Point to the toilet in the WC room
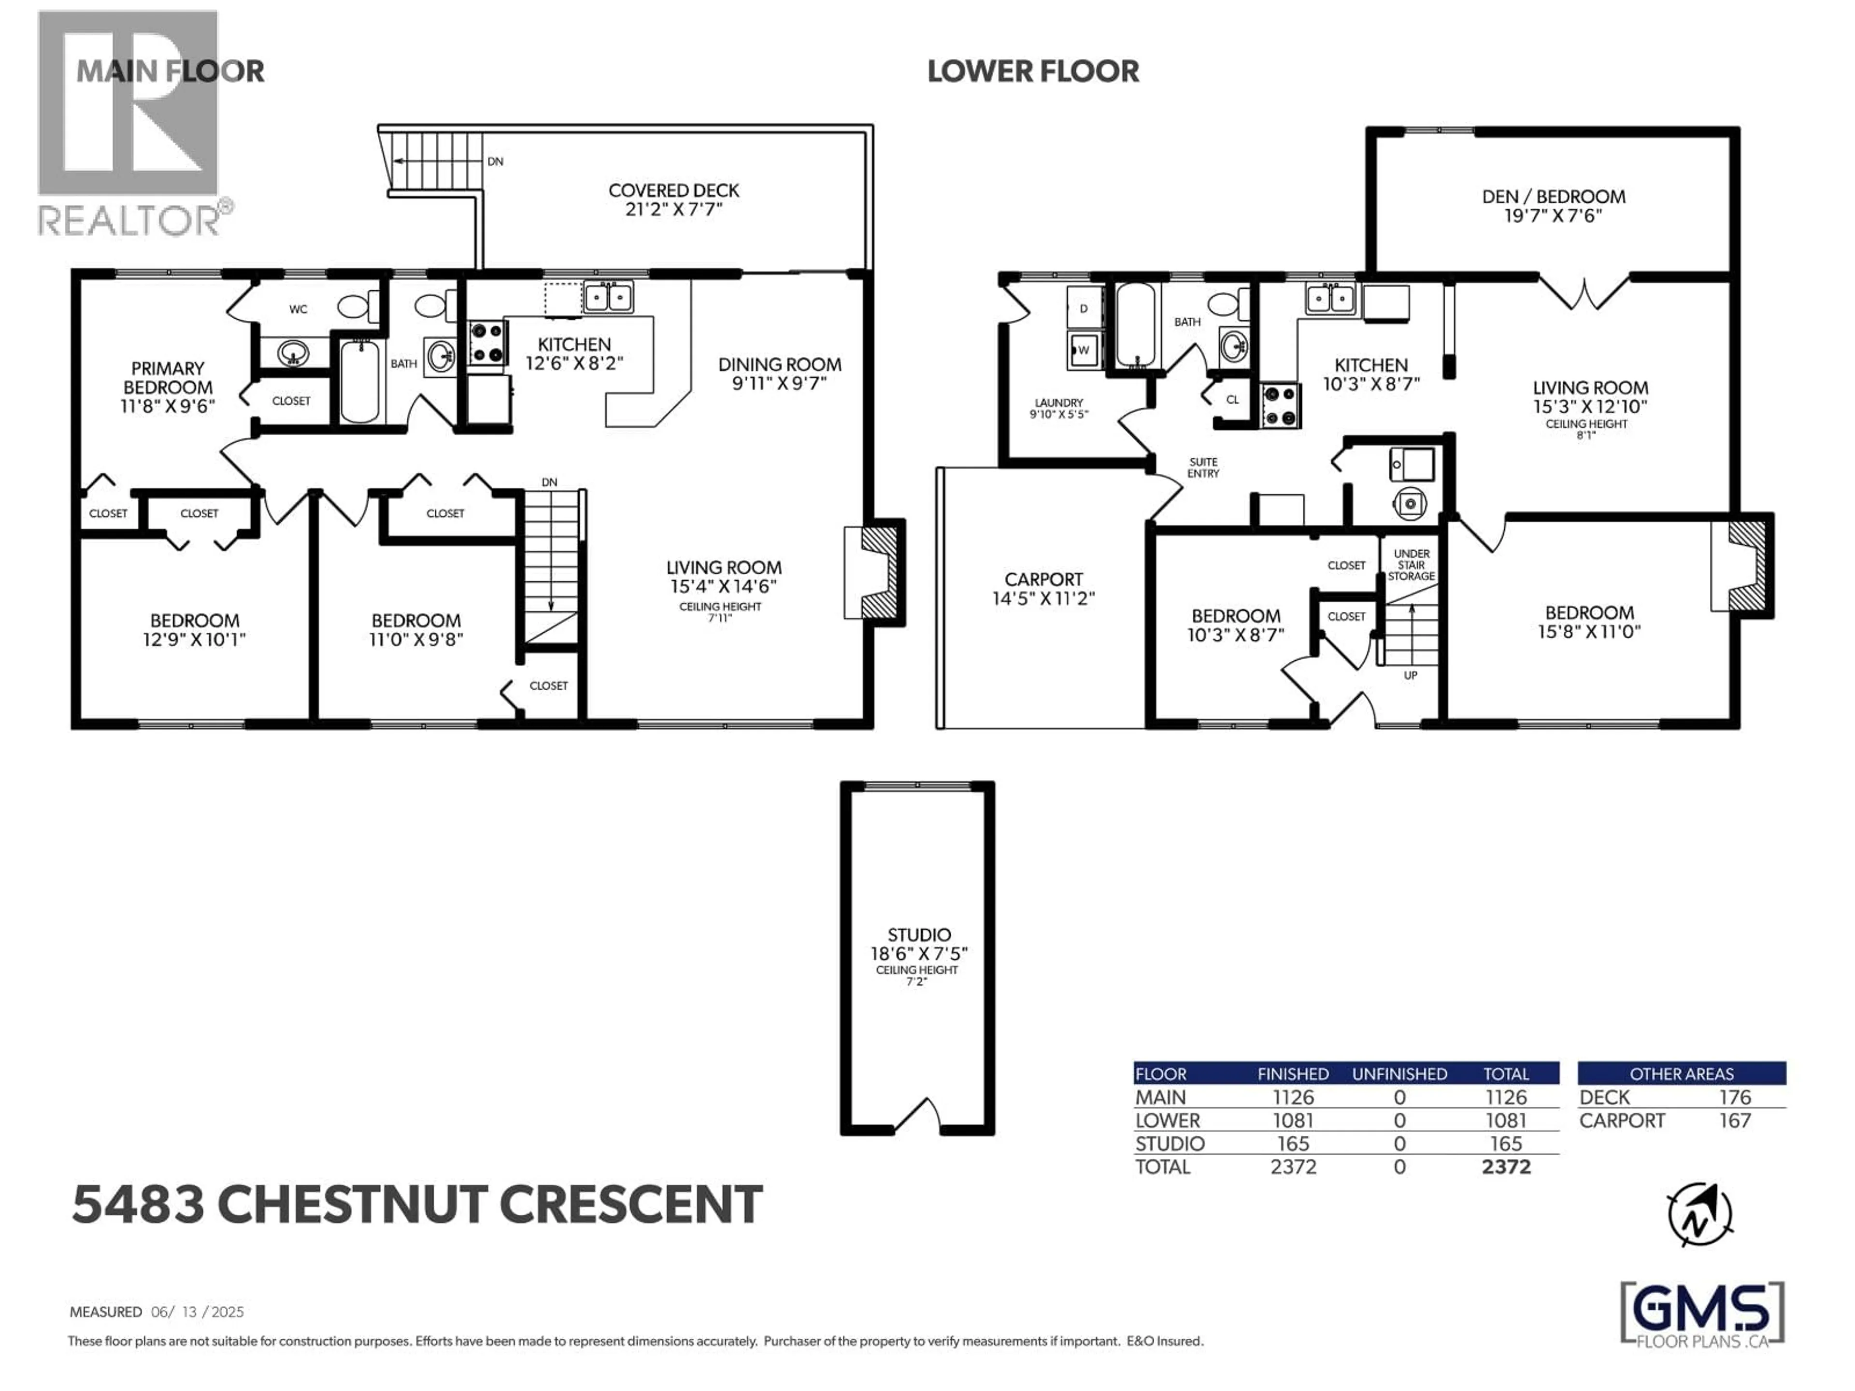point(357,307)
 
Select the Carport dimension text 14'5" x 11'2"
point(1043,598)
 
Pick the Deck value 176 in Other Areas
point(1734,1097)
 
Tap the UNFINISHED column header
point(1399,1074)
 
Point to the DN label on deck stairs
point(495,161)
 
